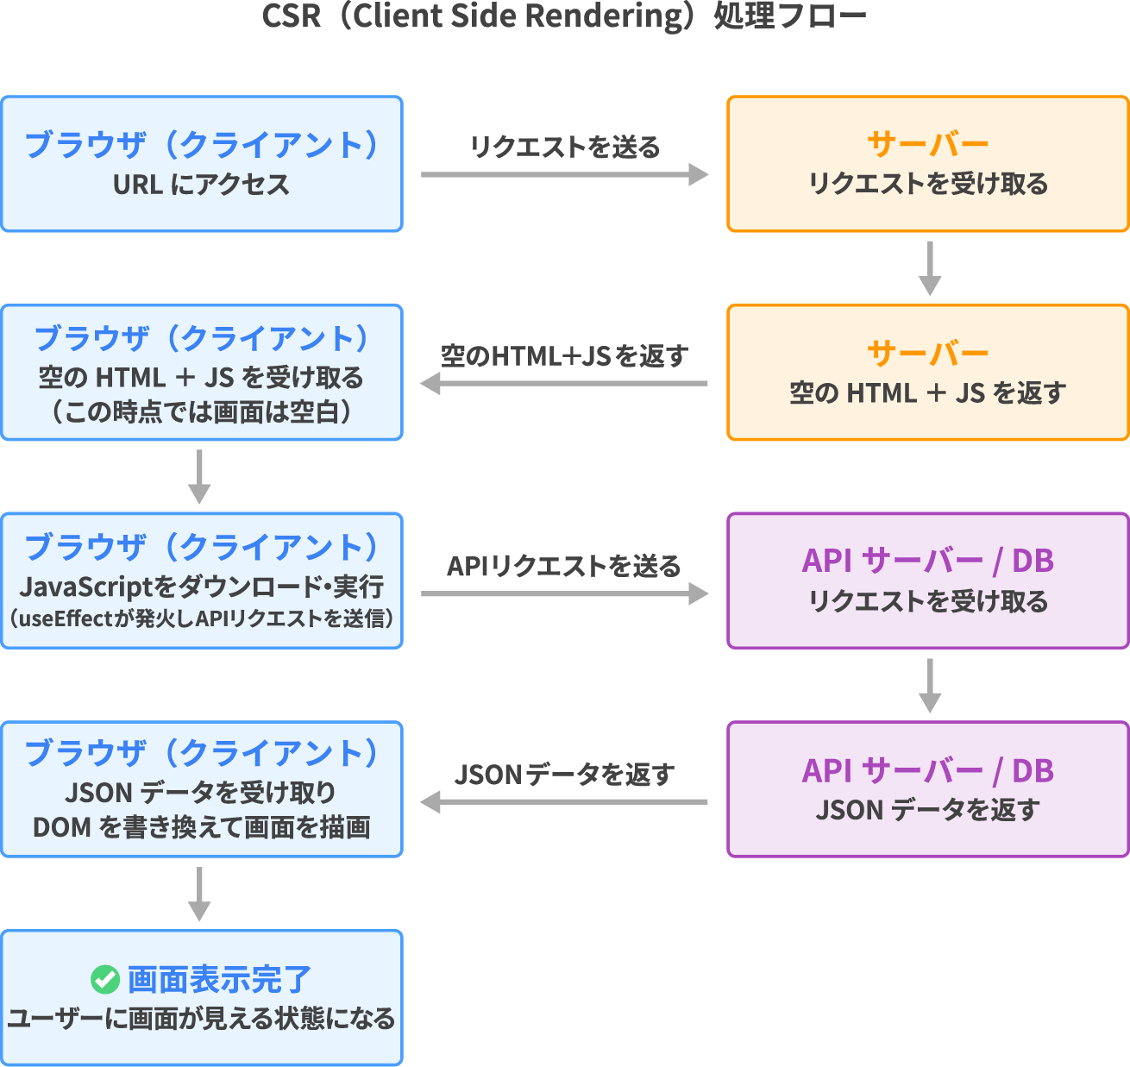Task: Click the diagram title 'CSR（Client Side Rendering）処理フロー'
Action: click(x=564, y=17)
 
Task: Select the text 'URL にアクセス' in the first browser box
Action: click(x=201, y=185)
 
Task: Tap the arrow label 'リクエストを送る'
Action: click(x=564, y=147)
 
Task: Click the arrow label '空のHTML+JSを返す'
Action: click(x=564, y=356)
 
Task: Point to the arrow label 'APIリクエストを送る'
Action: click(x=564, y=566)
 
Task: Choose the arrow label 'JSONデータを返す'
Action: click(x=564, y=775)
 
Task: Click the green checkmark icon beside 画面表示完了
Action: click(x=105, y=979)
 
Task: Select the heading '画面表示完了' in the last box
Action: click(x=219, y=979)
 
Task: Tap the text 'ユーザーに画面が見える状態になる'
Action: click(x=201, y=1019)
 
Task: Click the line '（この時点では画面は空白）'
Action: click(x=201, y=412)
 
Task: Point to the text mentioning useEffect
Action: click(x=201, y=618)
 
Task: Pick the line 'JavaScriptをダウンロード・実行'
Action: click(x=201, y=587)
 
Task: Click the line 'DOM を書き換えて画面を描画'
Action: click(x=201, y=827)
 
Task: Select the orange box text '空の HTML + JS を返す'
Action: click(x=927, y=393)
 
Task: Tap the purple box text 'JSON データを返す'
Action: click(x=927, y=810)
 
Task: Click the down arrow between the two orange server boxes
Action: click(x=929, y=268)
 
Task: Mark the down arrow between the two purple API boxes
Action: click(x=929, y=686)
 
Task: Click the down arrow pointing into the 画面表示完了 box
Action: click(x=199, y=894)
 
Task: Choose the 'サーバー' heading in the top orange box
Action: click(x=927, y=144)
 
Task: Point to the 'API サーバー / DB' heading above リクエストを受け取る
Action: click(x=927, y=561)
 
